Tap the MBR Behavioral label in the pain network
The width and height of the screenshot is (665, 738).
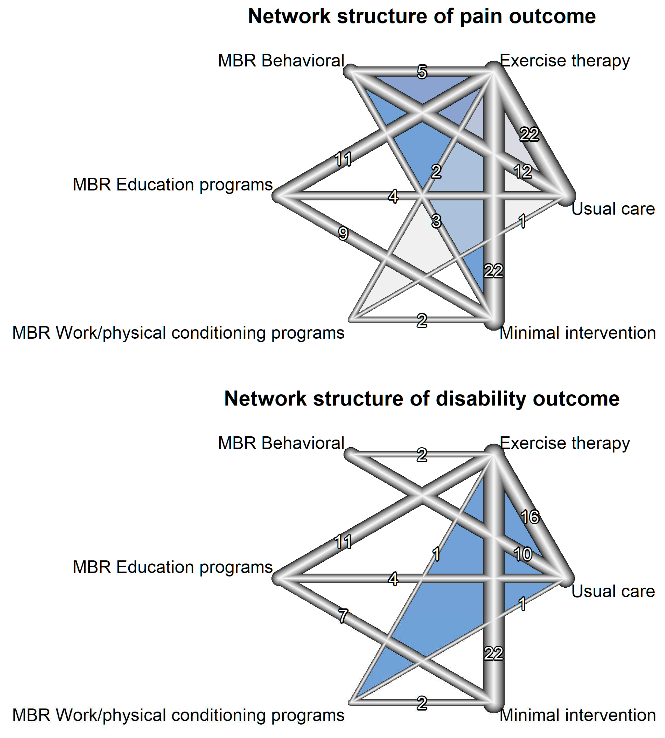[281, 61]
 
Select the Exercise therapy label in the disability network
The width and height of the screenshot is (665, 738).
[564, 443]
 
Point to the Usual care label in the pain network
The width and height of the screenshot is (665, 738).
[613, 209]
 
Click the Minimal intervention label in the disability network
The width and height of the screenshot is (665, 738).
[577, 715]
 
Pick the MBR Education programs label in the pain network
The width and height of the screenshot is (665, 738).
[173, 185]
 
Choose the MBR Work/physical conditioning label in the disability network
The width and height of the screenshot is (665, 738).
[178, 715]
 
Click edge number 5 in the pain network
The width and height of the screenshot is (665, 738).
[422, 72]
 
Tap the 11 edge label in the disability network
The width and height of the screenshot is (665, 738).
[343, 542]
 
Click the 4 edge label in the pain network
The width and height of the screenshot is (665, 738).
[393, 197]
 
